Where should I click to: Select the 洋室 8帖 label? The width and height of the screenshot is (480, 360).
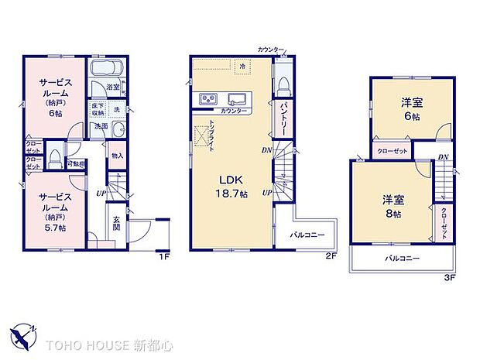coord(392,205)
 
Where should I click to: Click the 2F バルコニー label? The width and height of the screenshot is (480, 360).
coord(311,232)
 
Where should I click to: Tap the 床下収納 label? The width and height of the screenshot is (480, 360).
coord(98,109)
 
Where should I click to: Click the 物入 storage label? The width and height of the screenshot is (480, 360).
coord(117,156)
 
